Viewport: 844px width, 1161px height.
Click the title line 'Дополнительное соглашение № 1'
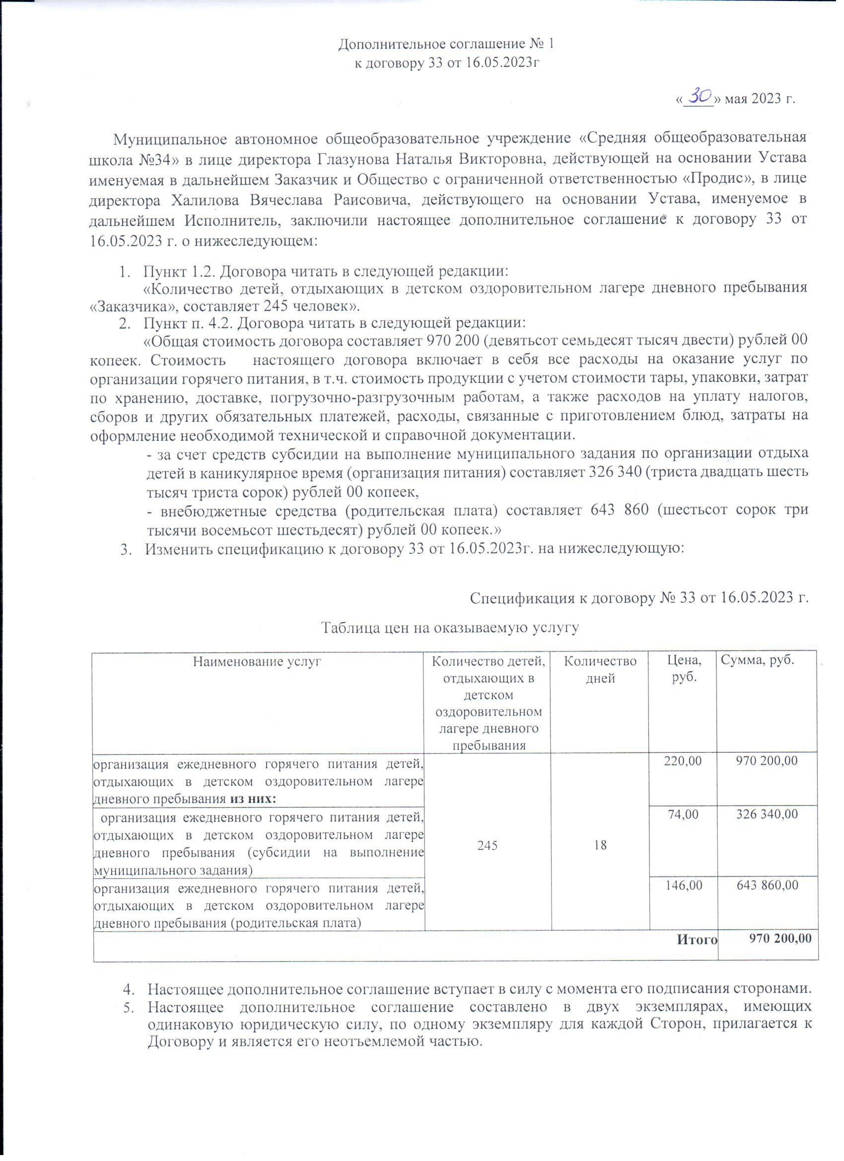(x=446, y=45)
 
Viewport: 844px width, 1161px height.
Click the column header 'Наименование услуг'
(x=257, y=662)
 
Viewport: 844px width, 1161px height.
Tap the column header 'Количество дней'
(x=600, y=670)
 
